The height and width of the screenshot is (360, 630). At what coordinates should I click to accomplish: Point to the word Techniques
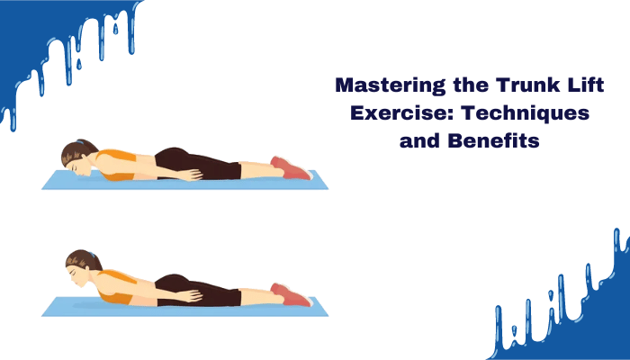(525, 113)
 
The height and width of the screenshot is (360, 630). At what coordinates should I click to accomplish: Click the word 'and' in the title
(420, 140)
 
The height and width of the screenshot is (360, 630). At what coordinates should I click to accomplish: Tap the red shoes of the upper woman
(292, 168)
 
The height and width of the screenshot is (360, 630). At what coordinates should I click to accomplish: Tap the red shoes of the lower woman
(292, 295)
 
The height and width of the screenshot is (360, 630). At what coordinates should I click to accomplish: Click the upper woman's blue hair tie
(81, 142)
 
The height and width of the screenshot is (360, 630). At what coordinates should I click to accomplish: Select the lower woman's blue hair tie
(92, 255)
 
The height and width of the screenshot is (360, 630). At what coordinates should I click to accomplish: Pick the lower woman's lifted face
(79, 274)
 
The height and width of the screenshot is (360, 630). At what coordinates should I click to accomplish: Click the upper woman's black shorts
(198, 164)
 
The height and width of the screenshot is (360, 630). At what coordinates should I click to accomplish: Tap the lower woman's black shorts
(198, 290)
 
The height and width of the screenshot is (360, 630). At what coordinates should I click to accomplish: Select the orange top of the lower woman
(114, 287)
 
